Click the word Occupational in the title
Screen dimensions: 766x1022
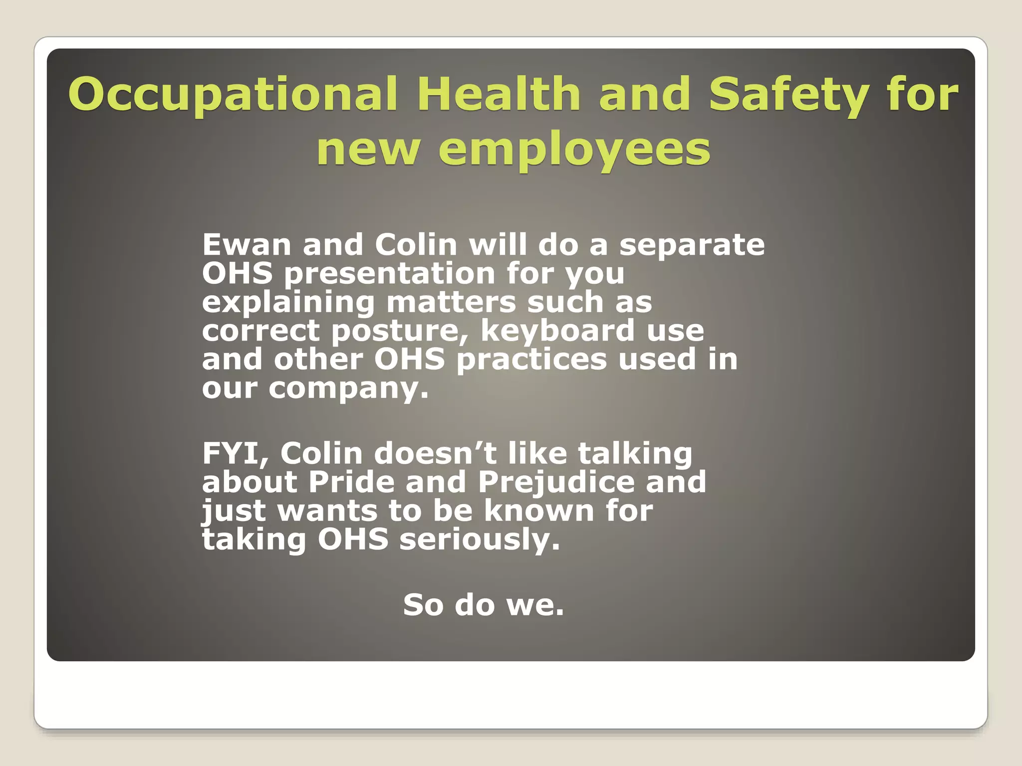pyautogui.click(x=233, y=95)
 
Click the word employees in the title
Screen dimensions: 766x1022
pyautogui.click(x=574, y=150)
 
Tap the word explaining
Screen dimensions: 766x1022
pyautogui.click(x=288, y=303)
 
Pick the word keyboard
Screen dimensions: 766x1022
pyautogui.click(x=557, y=331)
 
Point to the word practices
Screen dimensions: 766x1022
pyautogui.click(x=531, y=360)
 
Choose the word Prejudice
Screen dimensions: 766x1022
pyautogui.click(x=556, y=483)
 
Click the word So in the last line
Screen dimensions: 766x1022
pyautogui.click(x=423, y=604)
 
